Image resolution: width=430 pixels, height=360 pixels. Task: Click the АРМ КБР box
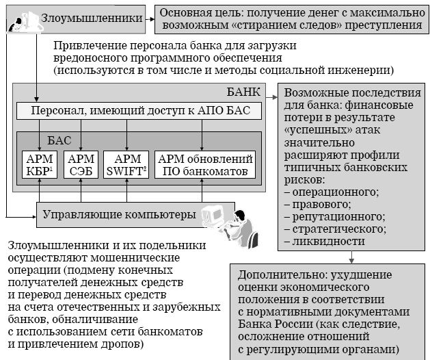coord(40,164)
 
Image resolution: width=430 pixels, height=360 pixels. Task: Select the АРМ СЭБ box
coord(81,164)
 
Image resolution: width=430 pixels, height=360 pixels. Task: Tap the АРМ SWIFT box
coord(126,164)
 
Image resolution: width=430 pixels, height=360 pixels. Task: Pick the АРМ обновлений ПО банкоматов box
coord(205,164)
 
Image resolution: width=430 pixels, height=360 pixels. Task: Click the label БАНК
coord(243,92)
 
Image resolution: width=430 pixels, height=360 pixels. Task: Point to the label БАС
coord(59,140)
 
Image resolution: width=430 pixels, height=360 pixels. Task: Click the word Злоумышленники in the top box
coord(92,18)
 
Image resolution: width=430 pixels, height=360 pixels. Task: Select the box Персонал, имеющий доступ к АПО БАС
coord(139,111)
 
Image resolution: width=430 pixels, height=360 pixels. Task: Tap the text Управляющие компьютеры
coord(119,214)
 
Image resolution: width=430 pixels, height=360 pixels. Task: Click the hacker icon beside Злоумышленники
coord(25,22)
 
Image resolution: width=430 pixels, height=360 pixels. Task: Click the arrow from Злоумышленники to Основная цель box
coord(150,19)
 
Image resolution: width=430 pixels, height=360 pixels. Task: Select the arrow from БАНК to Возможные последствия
coord(272,97)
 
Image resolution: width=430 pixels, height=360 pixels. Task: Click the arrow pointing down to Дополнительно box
coord(351,257)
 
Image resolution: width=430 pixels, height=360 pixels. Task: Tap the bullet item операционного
coord(332,192)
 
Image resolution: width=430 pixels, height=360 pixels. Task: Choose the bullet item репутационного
coord(334,216)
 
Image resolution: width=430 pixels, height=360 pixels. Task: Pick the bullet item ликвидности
coord(325,241)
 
